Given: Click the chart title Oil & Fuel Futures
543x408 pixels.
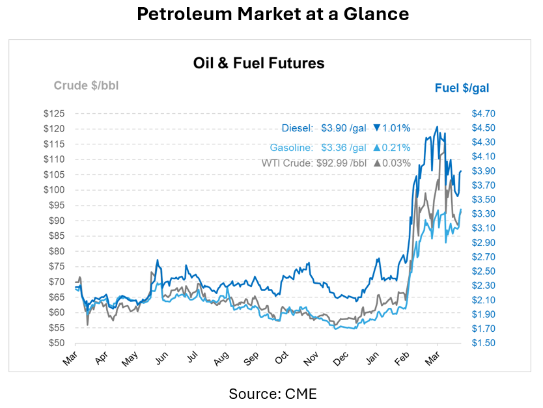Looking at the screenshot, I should coord(258,63).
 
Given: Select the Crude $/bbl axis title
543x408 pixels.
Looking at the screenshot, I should coord(86,85).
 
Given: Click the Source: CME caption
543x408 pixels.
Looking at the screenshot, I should coord(272,394).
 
